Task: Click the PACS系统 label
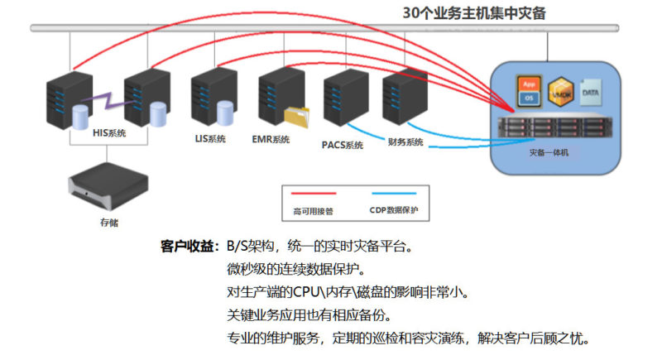(342, 146)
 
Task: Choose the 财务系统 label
(405, 142)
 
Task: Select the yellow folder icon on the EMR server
(295, 117)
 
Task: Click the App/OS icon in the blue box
(529, 89)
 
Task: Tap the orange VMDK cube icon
(562, 89)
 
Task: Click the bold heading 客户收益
(188, 246)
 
